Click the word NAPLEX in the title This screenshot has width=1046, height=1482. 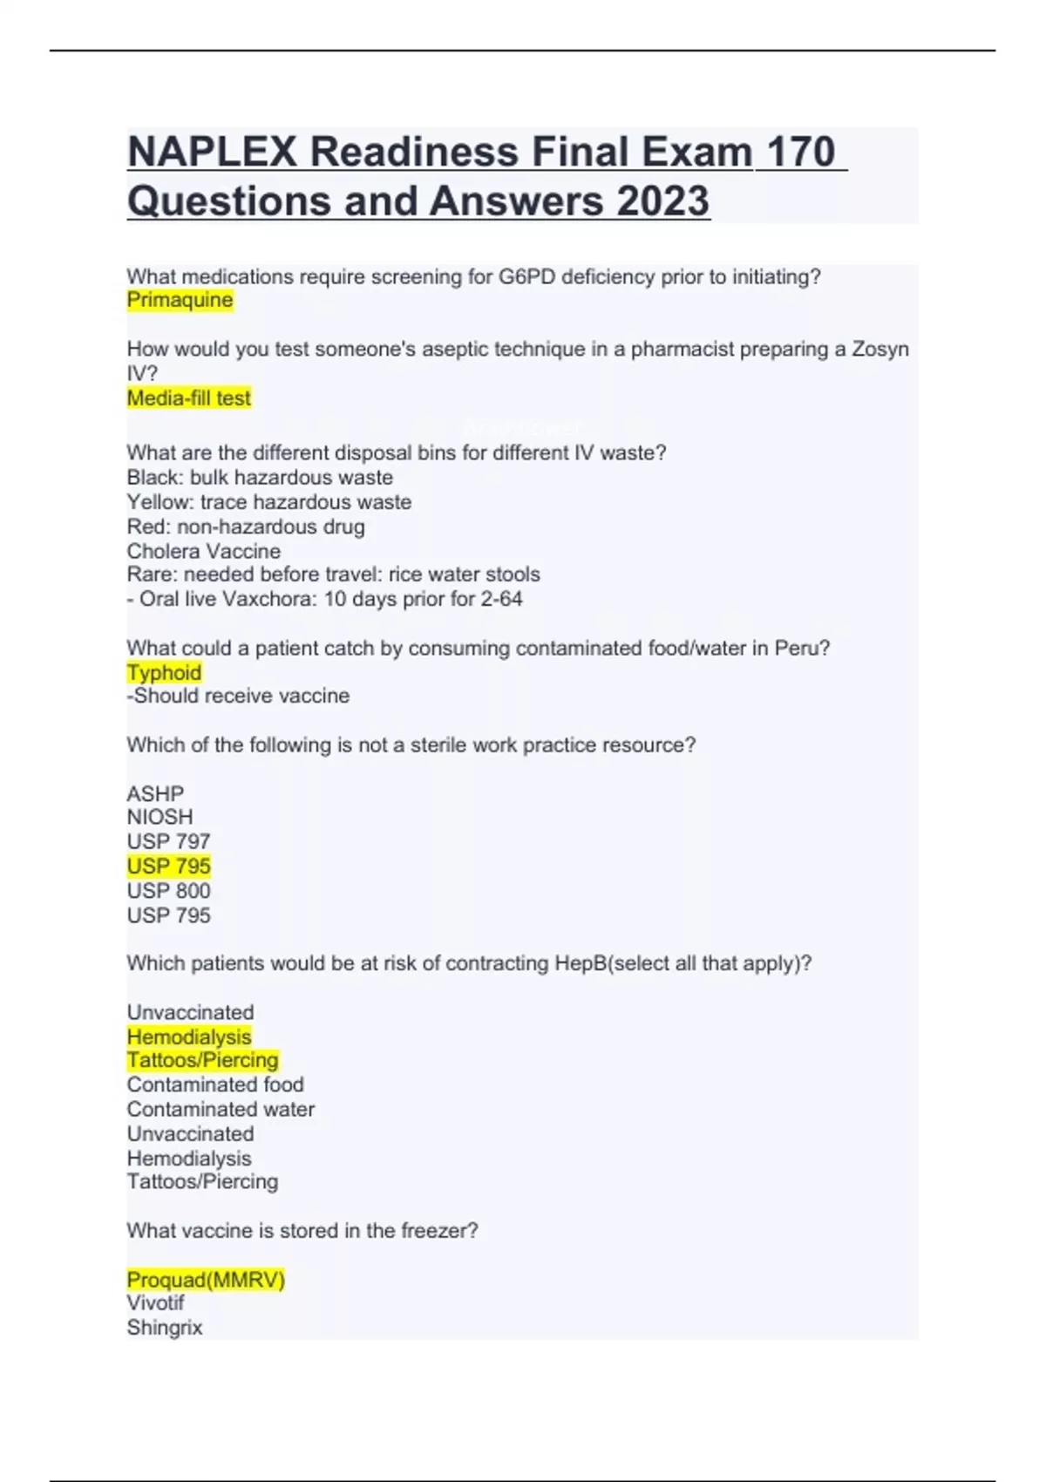tap(213, 153)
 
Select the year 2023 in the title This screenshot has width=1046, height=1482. tap(663, 201)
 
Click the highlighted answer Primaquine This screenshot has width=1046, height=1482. tap(180, 301)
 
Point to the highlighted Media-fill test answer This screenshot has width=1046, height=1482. tap(188, 398)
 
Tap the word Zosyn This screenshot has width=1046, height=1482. tap(880, 350)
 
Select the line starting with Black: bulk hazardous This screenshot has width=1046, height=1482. tap(260, 478)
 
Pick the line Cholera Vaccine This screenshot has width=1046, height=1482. tap(203, 551)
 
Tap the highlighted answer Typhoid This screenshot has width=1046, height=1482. tap(164, 673)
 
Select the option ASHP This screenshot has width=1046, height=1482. tap(155, 794)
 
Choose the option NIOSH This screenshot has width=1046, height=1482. tap(160, 818)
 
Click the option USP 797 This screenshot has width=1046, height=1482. tap(168, 842)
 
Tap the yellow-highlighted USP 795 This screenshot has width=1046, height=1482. tap(168, 867)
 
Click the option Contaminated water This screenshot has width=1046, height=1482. tap(221, 1110)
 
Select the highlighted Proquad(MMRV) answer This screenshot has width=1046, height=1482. tap(206, 1280)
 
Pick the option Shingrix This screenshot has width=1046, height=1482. tap(164, 1328)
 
